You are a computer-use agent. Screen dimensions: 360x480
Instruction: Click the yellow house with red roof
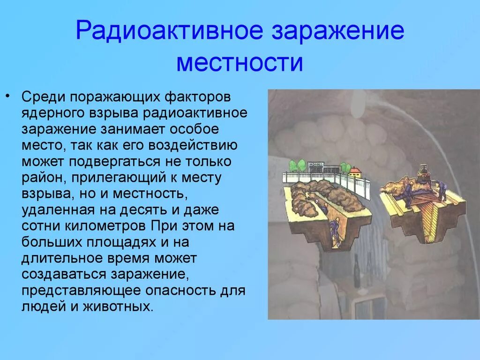[x=356, y=172]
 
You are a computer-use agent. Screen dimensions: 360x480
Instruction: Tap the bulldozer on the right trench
[x=424, y=171]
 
